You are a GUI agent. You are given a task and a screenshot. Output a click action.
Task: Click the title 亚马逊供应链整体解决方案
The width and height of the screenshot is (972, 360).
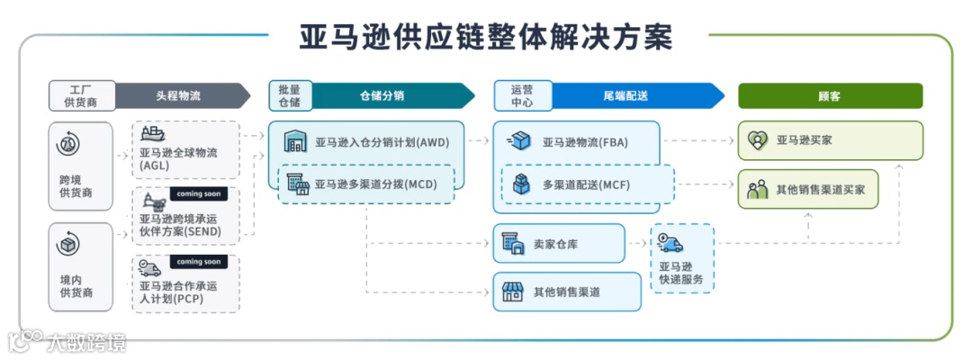pos(486,37)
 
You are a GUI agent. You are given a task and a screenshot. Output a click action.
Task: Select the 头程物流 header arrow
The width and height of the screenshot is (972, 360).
pos(180,95)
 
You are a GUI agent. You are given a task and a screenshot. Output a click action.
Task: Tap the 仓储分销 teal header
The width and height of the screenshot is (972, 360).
pos(387,95)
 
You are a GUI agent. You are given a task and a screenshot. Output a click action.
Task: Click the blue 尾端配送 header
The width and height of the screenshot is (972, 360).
pos(630,95)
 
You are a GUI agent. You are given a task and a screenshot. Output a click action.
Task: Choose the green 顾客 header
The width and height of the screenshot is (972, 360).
pos(830,95)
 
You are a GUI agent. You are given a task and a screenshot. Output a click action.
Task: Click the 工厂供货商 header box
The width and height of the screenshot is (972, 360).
pos(82,95)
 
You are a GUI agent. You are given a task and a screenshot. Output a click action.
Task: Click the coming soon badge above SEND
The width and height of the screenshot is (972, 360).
pos(197,193)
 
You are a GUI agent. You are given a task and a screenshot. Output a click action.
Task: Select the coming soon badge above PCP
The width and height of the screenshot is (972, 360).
pos(197,262)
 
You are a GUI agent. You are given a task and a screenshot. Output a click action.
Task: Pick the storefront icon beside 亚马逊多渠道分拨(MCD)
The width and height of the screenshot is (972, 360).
pos(297,184)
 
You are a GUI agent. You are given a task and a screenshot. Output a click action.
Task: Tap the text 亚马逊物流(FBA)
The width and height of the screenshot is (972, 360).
pos(584,142)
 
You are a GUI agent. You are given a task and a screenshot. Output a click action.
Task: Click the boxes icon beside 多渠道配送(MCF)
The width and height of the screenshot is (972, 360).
pos(523,184)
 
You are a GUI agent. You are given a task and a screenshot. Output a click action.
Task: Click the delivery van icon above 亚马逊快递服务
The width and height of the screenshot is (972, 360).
pos(670,243)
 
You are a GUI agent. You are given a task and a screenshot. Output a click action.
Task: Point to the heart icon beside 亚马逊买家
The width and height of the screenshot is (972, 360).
pos(758,140)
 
